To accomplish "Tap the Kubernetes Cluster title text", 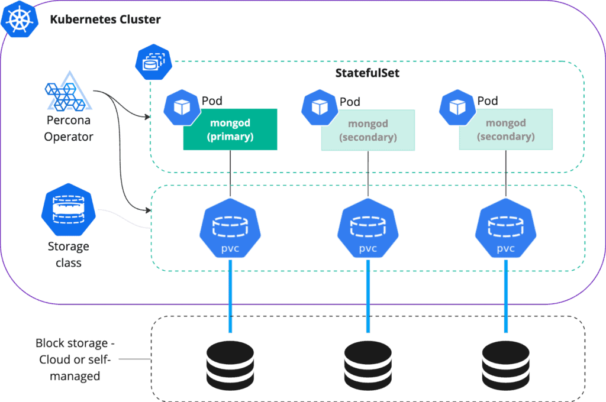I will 105,20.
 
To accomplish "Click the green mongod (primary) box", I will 230,129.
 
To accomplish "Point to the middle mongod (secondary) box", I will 368,129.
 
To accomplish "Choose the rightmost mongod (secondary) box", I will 505,129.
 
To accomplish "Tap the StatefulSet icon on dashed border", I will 153,62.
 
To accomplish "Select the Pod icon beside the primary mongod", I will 182,106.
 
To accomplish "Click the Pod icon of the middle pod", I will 320,106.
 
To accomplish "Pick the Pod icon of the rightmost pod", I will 457,106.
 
